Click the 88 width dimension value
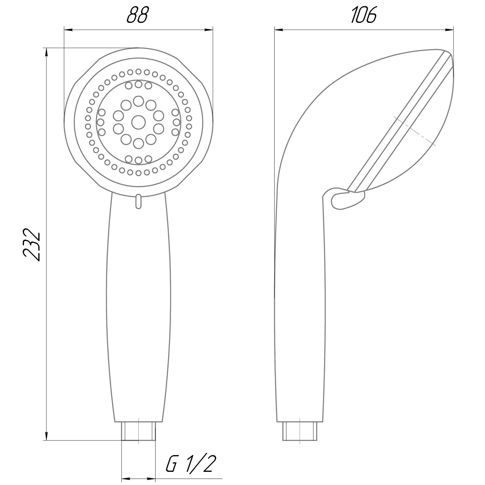pos(138,15)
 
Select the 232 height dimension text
pos(31,245)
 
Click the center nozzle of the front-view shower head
pos(138,122)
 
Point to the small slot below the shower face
pos(138,201)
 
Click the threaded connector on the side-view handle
pos(300,431)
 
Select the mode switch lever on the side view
pos(348,199)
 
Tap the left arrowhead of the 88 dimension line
pos(68,30)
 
